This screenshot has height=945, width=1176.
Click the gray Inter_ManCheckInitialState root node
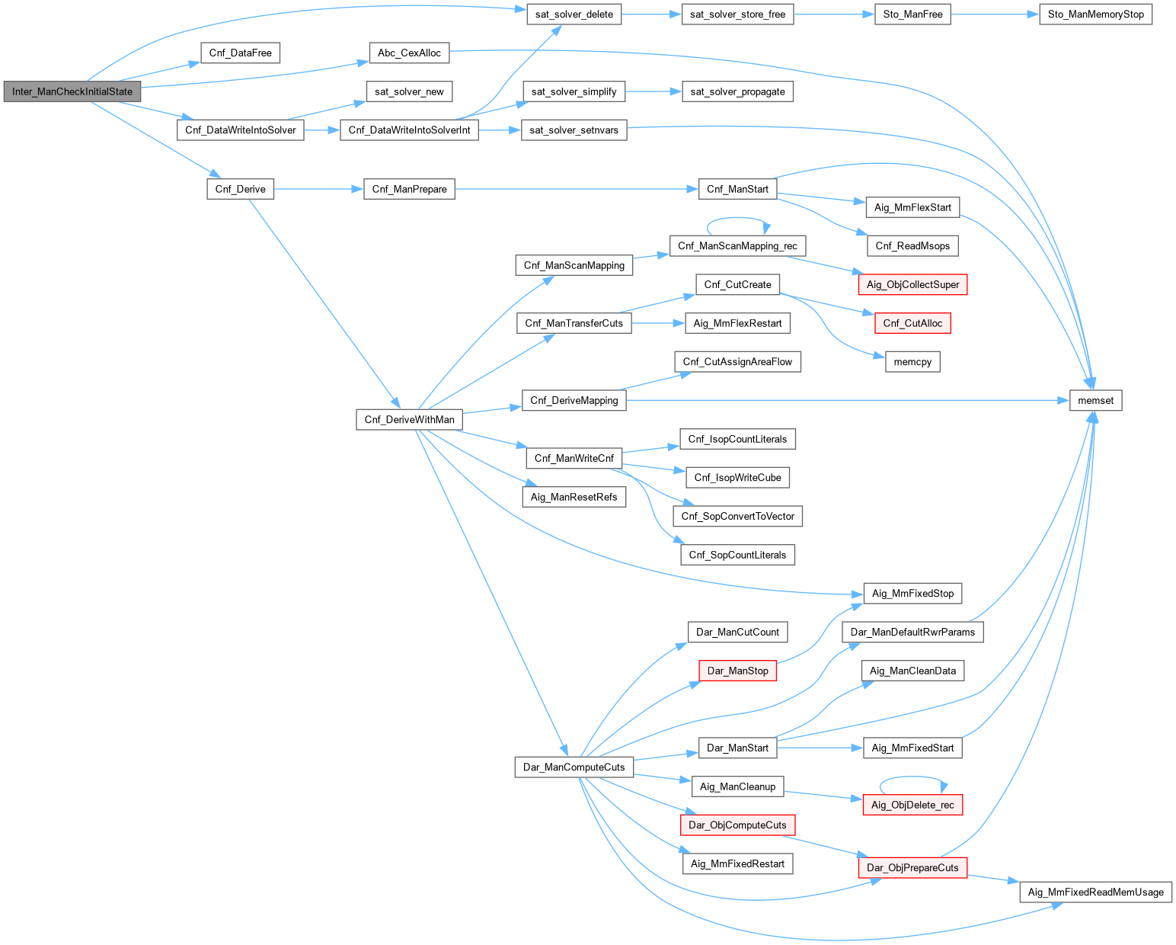pos(72,91)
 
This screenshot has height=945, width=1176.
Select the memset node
pos(1095,400)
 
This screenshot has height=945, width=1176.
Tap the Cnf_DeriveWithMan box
pos(409,419)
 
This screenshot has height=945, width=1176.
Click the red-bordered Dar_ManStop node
pos(737,671)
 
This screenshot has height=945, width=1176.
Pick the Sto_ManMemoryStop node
pos(1095,14)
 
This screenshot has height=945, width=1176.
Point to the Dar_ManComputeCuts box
pos(574,767)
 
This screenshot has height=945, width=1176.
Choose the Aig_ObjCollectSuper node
pos(912,284)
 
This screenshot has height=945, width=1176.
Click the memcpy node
pos(912,361)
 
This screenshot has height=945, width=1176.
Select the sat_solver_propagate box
pos(737,91)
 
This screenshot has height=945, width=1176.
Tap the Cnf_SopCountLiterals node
pos(737,555)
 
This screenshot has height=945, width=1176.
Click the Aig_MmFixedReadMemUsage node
pos(1095,892)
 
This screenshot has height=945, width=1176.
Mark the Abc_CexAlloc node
pos(409,53)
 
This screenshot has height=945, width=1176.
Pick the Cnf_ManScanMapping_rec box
pos(737,245)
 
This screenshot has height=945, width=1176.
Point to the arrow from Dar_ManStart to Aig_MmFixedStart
pos(820,748)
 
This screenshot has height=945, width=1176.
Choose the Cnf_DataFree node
pos(240,53)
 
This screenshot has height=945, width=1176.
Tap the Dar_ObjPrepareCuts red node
pos(912,867)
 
